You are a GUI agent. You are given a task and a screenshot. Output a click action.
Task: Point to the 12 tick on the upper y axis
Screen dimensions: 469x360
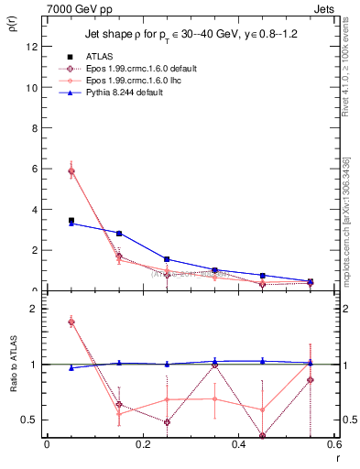tap(31, 47)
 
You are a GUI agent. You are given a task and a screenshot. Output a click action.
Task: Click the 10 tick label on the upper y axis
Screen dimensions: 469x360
tap(31, 88)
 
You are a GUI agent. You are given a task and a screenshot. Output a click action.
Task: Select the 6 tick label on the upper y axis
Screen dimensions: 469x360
tap(34, 169)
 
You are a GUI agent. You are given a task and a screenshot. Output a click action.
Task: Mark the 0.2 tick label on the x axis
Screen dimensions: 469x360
tap(141, 444)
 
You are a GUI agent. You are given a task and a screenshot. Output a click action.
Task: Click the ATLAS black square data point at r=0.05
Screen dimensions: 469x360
tap(71, 221)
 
